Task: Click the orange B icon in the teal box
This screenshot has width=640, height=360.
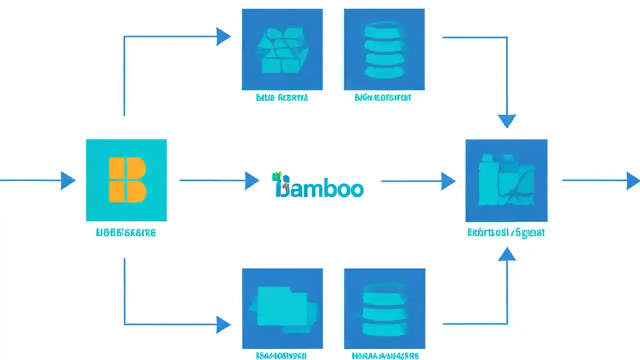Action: (127, 180)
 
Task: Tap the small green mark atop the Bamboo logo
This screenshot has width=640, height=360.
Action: (276, 176)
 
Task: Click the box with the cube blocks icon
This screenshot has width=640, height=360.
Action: (282, 49)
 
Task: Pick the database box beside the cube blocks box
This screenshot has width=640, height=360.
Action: (384, 49)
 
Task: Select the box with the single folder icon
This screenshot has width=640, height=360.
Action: (282, 308)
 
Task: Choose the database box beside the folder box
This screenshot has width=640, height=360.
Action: (384, 308)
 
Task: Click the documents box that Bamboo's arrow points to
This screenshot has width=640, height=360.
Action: (506, 180)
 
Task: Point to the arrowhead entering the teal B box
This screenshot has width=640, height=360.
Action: (68, 180)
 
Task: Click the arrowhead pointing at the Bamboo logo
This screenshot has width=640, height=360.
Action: (252, 180)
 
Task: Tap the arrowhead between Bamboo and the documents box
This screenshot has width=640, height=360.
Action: (448, 181)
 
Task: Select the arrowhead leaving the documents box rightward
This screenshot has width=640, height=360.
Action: (632, 181)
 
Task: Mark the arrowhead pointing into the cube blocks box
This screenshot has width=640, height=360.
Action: (223, 36)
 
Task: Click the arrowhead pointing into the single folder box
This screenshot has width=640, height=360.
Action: (223, 325)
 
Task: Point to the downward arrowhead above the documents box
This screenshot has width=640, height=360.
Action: (507, 121)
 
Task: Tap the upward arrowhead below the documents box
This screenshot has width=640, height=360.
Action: (507, 255)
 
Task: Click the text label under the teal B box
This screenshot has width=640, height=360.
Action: (125, 233)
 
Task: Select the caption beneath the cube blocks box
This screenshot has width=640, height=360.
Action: (282, 98)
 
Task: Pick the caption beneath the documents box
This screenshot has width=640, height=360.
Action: (506, 232)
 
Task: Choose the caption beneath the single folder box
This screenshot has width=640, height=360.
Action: (282, 356)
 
